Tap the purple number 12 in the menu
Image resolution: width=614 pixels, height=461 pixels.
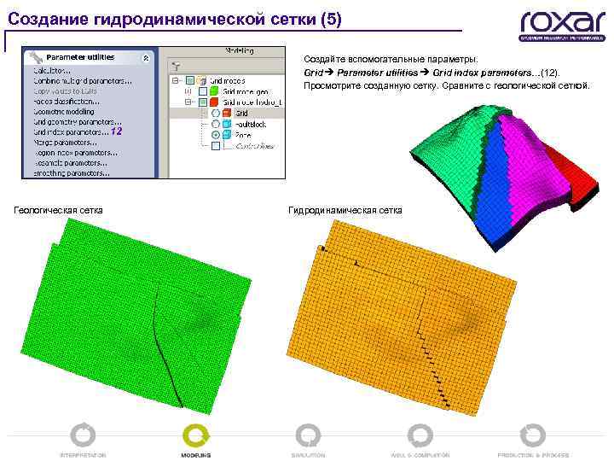pos(117,131)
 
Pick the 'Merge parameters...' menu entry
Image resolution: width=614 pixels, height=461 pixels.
pos(65,142)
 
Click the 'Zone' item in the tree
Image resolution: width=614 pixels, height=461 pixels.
pos(244,135)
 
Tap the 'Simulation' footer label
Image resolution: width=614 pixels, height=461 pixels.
pos(308,455)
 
